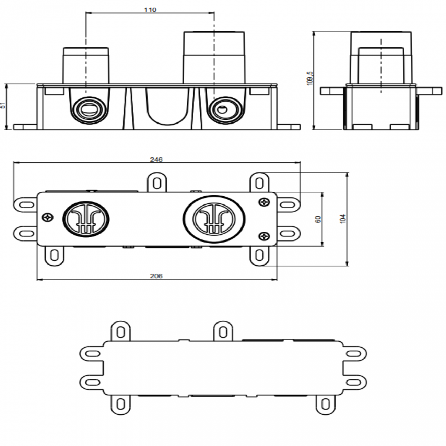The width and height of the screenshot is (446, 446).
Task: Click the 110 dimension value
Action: [x=150, y=10]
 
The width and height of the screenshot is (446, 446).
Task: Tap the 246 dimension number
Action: [x=156, y=160]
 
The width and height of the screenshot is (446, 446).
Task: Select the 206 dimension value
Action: [x=156, y=276]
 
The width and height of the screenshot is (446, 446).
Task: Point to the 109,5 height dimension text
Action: [x=310, y=78]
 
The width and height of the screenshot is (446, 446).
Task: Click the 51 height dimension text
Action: [x=3, y=105]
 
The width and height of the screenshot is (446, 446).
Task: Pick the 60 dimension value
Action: [x=318, y=219]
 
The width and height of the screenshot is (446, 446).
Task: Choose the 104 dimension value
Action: [x=343, y=219]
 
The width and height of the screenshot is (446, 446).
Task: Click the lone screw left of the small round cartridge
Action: [x=48, y=217]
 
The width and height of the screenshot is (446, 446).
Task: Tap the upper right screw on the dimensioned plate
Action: [x=264, y=202]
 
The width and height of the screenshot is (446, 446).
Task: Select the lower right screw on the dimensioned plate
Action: [x=264, y=236]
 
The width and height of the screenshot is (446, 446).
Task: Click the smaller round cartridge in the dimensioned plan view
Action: [x=86, y=219]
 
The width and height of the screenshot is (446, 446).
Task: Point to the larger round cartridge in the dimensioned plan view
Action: [x=214, y=219]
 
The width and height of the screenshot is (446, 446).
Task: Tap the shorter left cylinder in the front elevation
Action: [x=86, y=66]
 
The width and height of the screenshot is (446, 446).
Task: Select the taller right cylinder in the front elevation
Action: [x=214, y=57]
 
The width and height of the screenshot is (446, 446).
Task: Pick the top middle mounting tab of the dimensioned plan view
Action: [x=157, y=183]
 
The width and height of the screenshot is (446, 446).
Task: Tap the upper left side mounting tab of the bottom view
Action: [x=92, y=353]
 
